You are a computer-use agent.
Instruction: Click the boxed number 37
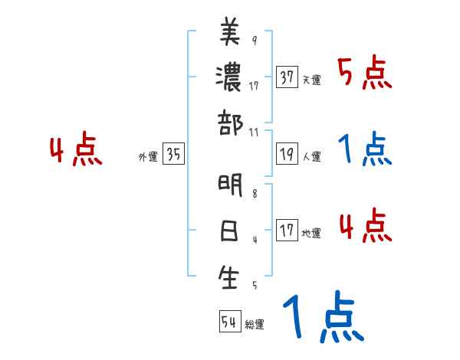click(287, 77)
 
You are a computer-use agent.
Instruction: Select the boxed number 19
click(287, 154)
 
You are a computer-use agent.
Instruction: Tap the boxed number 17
click(287, 231)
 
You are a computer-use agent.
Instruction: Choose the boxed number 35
click(173, 154)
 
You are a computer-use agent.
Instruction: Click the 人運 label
click(311, 157)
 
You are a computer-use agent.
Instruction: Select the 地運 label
click(311, 234)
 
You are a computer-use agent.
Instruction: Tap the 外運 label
click(148, 157)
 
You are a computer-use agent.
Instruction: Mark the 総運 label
click(255, 325)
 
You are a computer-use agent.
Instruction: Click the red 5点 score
click(364, 74)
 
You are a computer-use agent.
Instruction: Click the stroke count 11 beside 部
click(255, 132)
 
